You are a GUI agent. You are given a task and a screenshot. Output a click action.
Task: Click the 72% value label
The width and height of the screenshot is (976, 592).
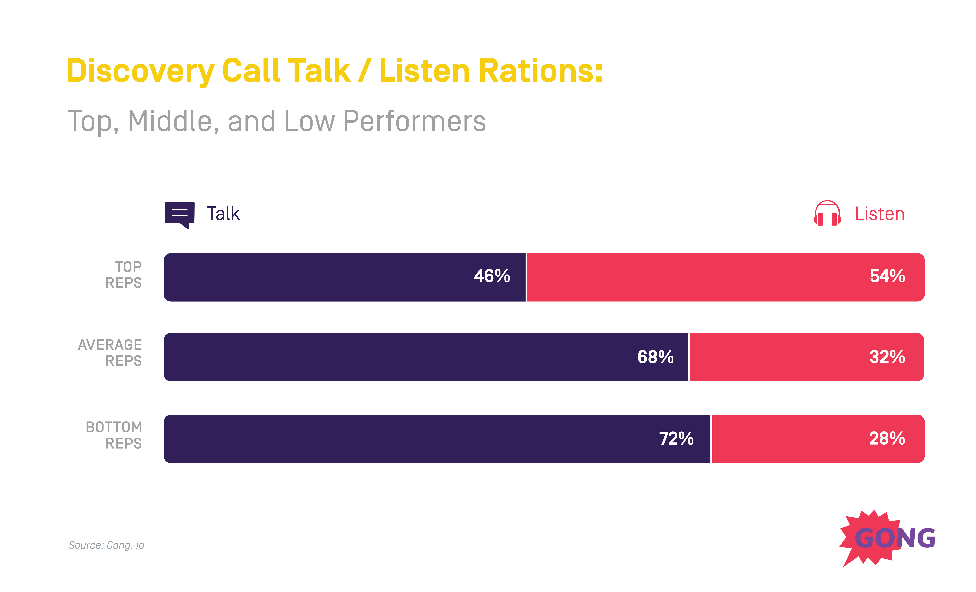[x=676, y=439]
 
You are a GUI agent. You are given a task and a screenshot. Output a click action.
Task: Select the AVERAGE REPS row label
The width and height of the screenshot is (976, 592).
[x=110, y=353]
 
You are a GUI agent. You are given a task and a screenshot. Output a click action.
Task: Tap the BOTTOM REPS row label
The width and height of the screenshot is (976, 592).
[x=114, y=435]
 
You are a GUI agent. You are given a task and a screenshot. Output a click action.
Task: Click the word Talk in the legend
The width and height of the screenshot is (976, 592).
[x=223, y=214]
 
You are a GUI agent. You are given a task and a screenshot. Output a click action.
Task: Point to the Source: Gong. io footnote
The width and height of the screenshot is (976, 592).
[x=106, y=545]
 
